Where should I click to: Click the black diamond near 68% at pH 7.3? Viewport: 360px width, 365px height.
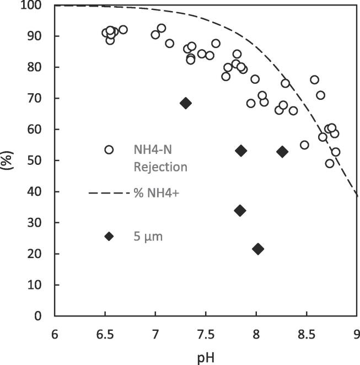tap(186, 103)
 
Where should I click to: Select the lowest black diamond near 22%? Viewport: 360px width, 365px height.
tap(257, 249)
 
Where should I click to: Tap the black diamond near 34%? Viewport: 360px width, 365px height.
tap(240, 210)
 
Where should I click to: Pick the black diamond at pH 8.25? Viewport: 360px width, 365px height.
tap(282, 152)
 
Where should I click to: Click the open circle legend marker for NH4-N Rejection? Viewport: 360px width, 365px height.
tap(109, 149)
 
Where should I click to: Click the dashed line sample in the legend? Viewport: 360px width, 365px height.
tap(107, 193)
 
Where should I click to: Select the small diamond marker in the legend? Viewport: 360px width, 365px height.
tap(109, 236)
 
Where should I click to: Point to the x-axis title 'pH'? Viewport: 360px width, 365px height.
tap(205, 357)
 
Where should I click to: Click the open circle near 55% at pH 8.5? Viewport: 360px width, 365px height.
tap(304, 145)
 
